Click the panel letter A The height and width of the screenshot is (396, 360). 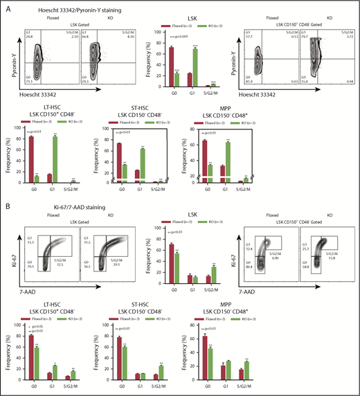[6, 5]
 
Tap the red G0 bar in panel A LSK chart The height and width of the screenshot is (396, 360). [170, 66]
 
